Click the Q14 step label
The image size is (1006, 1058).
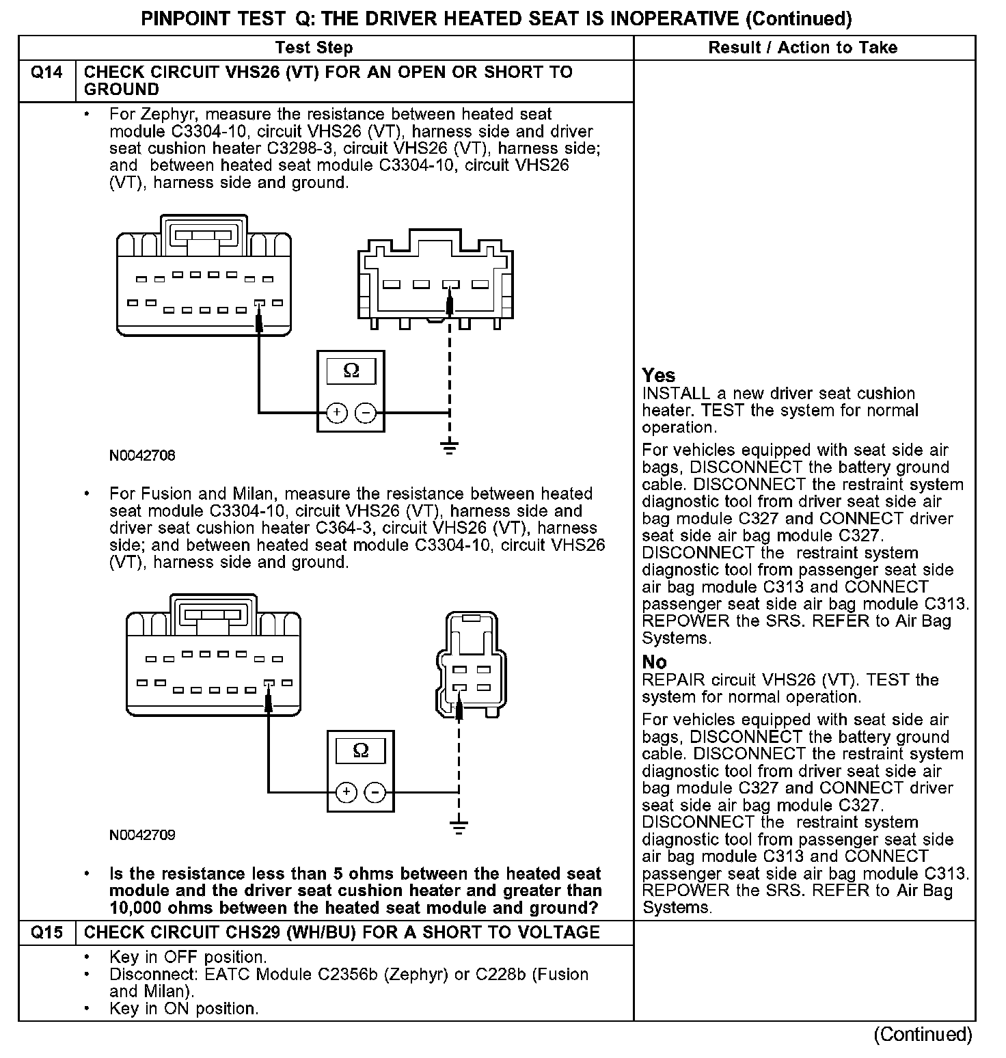click(x=46, y=72)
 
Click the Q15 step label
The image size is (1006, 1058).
click(x=46, y=933)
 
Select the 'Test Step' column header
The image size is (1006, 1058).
click(x=314, y=48)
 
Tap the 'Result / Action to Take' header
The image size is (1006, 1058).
click(x=803, y=48)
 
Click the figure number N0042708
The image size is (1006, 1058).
click(x=142, y=455)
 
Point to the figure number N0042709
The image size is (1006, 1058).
click(x=142, y=835)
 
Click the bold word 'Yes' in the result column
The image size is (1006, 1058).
click(x=659, y=375)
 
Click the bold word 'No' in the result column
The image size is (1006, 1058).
click(x=654, y=662)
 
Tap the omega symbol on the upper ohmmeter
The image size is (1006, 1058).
click(x=351, y=370)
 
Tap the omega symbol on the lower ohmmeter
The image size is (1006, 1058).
click(x=360, y=750)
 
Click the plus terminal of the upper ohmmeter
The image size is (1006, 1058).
click(x=336, y=413)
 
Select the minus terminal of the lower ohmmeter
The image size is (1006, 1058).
click(x=375, y=793)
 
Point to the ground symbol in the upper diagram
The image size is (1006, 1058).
click(x=449, y=448)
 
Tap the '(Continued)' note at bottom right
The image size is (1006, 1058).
click(x=923, y=1034)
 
